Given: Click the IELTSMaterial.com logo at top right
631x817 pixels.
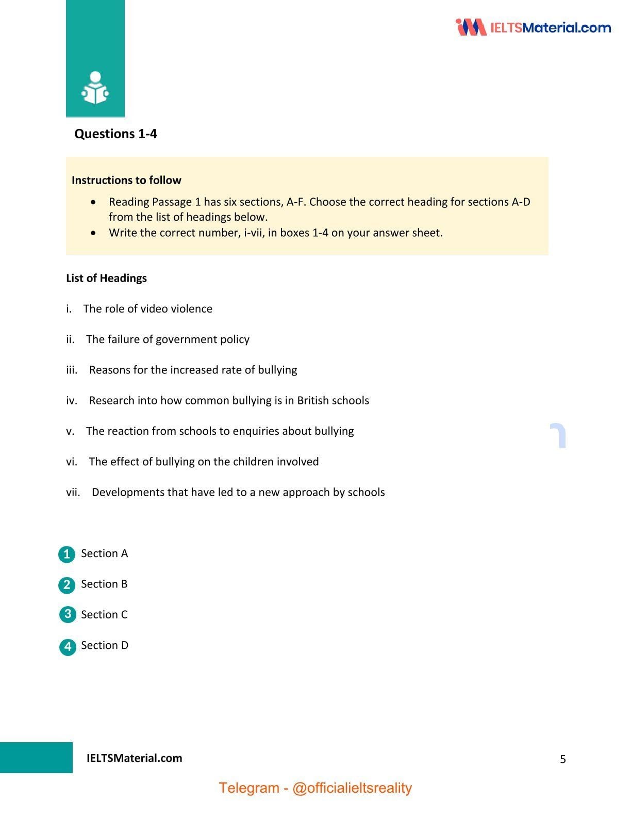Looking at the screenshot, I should pos(534,27).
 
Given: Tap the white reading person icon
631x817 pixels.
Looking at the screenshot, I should pos(95,88).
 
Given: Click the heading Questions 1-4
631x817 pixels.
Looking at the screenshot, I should pos(115,134).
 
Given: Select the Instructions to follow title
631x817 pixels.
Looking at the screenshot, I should pos(126,180).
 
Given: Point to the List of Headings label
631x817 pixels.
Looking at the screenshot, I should pos(106,278).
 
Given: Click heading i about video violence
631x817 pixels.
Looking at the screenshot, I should pos(147,308).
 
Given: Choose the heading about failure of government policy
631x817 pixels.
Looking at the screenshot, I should pos(168,339).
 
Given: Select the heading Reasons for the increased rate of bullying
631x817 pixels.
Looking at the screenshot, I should pos(193,370).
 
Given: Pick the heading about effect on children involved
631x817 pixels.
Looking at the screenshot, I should pos(204,462).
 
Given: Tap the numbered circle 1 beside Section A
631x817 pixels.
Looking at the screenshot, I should pos(67,554).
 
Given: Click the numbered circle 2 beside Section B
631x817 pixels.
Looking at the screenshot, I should pos(67,585).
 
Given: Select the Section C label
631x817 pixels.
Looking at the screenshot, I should pos(104,615).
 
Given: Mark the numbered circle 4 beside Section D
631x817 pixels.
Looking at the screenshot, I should pos(68,646).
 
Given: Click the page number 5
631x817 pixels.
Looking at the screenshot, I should pos(562,759).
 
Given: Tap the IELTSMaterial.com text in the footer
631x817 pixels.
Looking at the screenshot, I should pos(134,758).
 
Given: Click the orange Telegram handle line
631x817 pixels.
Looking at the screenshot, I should pos(315,788).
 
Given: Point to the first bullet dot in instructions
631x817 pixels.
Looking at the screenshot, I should pos(93,202).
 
